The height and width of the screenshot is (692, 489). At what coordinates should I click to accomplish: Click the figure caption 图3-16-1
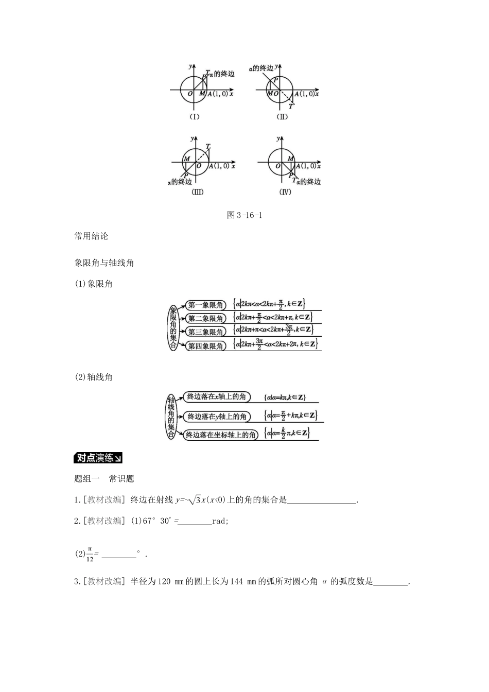(244, 215)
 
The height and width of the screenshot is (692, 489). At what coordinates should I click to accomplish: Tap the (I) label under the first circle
(195, 117)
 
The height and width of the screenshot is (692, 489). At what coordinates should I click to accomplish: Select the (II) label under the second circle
(282, 117)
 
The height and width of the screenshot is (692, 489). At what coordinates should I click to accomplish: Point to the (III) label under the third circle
(198, 192)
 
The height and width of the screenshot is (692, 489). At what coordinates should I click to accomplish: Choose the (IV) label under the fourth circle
(285, 192)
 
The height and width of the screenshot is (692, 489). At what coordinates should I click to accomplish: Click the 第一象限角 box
(205, 305)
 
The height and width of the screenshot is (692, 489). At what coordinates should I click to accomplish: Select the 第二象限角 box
(205, 318)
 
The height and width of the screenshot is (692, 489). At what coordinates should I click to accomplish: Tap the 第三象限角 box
(205, 332)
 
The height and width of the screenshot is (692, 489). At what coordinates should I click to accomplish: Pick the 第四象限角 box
(205, 346)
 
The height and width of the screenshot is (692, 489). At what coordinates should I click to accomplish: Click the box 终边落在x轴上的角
(217, 396)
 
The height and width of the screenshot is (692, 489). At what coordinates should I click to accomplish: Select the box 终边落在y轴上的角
(217, 416)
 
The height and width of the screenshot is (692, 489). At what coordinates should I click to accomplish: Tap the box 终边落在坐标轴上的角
(220, 435)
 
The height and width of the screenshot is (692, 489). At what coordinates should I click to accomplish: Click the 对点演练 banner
(98, 458)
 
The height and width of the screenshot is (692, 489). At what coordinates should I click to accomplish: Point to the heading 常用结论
(92, 236)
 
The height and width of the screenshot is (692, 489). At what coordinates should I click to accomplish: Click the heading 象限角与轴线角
(104, 263)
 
